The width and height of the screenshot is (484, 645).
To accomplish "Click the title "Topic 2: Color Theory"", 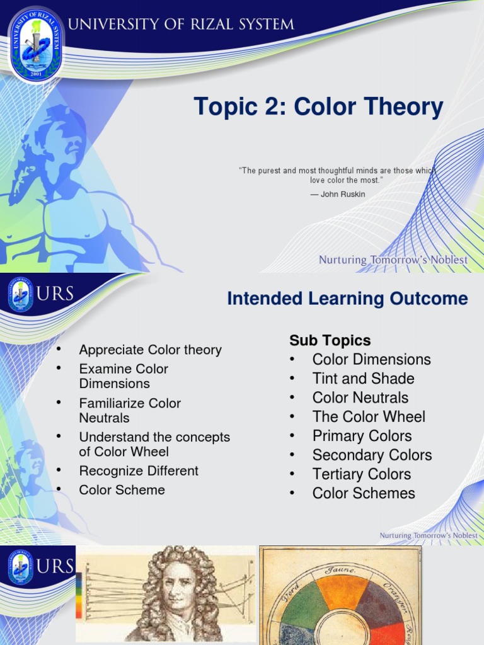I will (x=318, y=106).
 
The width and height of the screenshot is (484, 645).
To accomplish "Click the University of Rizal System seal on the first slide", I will (x=36, y=44).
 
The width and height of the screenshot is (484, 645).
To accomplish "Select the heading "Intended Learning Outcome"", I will (x=347, y=299).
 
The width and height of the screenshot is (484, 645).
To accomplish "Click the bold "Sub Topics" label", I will (x=330, y=341).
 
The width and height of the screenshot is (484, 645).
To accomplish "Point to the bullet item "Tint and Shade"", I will (x=363, y=379).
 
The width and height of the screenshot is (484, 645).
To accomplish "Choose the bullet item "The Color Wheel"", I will (x=369, y=417).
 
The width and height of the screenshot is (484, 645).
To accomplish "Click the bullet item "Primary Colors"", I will (x=362, y=436).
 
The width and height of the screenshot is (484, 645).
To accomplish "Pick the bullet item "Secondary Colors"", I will (x=372, y=455).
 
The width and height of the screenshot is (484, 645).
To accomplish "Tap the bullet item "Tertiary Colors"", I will (x=361, y=474).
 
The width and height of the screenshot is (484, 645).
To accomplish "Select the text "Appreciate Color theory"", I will (x=150, y=350).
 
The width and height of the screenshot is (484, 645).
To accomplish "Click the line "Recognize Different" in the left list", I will (x=139, y=471).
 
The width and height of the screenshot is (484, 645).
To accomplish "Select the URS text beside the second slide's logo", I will (x=55, y=294).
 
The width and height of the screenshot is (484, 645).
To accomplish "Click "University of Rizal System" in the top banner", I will (x=180, y=25).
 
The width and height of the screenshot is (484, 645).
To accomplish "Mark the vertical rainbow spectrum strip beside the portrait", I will (x=79, y=596).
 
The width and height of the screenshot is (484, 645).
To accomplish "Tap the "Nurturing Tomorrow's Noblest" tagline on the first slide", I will (x=393, y=260).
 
